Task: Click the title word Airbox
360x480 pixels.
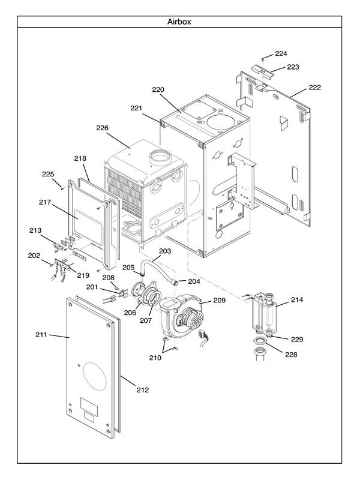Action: pos(179,22)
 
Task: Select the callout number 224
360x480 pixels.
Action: pos(281,53)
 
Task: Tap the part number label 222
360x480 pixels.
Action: pos(314,88)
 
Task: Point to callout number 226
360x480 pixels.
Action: pos(102,128)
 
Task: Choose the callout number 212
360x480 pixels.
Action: pos(142,390)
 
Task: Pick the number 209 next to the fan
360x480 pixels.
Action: pos(219,300)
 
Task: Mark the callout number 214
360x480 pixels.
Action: pos(297,299)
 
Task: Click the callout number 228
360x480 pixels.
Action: pos(290,355)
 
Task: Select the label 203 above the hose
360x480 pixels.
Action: pos(165,251)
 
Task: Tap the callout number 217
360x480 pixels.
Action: pos(46,203)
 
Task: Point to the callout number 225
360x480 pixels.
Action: pos(48,175)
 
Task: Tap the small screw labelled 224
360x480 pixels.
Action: pos(263,59)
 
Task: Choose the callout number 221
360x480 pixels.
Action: pos(136,108)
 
